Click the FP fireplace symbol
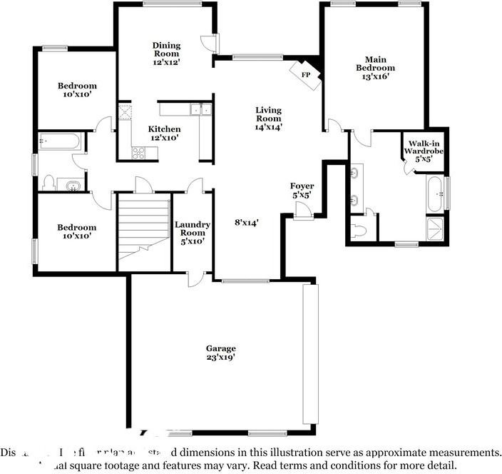[x=306, y=74]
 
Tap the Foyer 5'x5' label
[x=302, y=190]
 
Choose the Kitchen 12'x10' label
[x=164, y=133]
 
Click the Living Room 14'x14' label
[x=269, y=118]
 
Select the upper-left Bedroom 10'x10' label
[x=77, y=90]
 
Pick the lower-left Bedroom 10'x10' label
[x=77, y=231]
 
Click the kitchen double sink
[x=200, y=109]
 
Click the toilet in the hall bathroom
[x=48, y=183]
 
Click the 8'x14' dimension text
[x=246, y=222]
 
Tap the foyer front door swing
[x=302, y=209]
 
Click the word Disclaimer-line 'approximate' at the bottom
[x=404, y=453]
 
